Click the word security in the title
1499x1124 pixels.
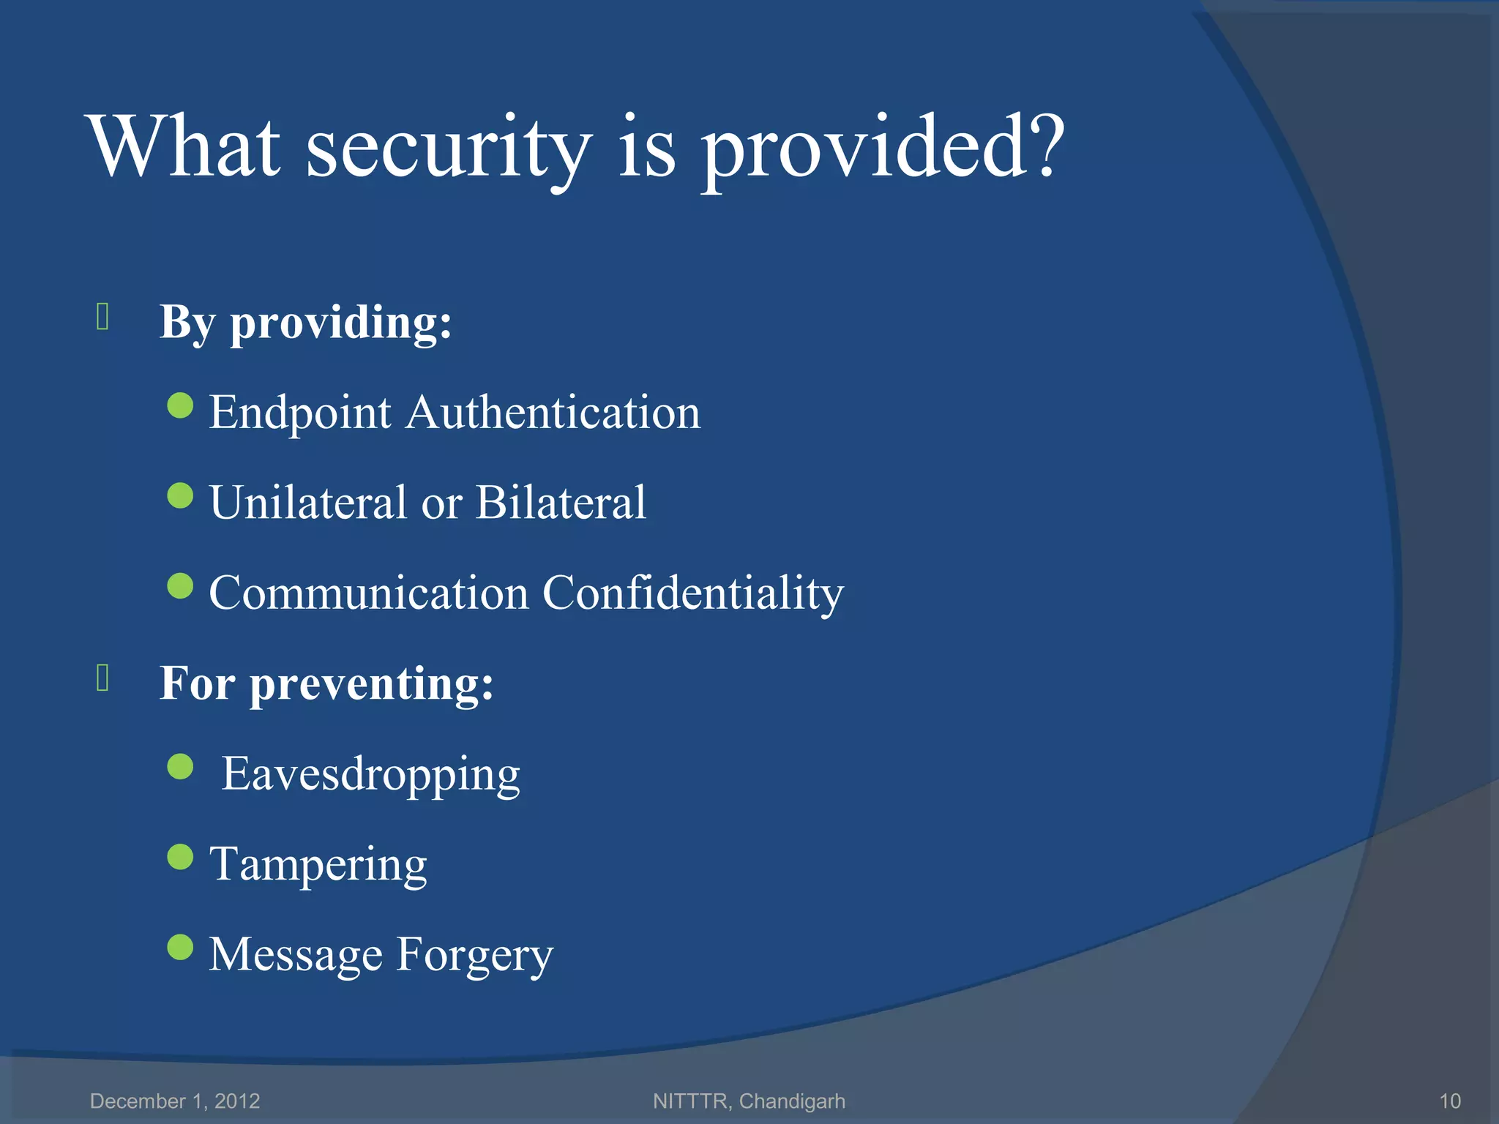point(448,150)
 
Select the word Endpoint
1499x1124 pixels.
point(300,413)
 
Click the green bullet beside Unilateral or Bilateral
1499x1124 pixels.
point(180,495)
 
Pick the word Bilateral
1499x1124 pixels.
point(561,503)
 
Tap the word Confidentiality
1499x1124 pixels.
point(692,593)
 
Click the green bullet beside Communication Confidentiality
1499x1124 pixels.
point(180,585)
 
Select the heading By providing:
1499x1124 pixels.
point(306,323)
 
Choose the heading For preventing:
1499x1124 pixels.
point(326,683)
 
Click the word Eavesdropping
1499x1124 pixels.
point(371,775)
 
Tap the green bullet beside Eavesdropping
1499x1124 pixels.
point(180,766)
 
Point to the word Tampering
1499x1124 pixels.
point(318,866)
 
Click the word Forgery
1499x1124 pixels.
point(475,956)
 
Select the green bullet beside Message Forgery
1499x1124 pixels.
point(180,947)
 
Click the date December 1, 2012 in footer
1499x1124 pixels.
point(175,1101)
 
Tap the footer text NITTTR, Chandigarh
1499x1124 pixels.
point(749,1101)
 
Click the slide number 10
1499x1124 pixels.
point(1449,1101)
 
